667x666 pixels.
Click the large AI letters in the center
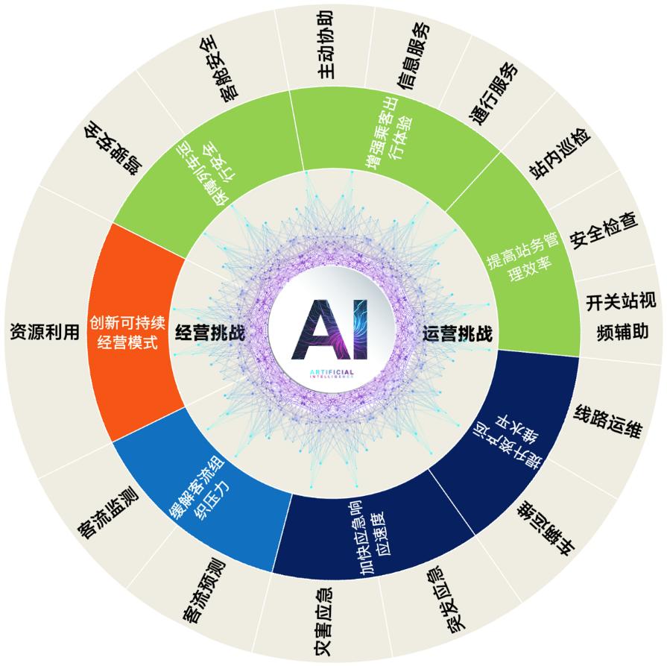point(333,330)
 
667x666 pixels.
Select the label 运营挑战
point(457,333)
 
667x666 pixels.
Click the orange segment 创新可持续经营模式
point(124,333)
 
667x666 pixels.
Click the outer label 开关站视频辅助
point(620,316)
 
